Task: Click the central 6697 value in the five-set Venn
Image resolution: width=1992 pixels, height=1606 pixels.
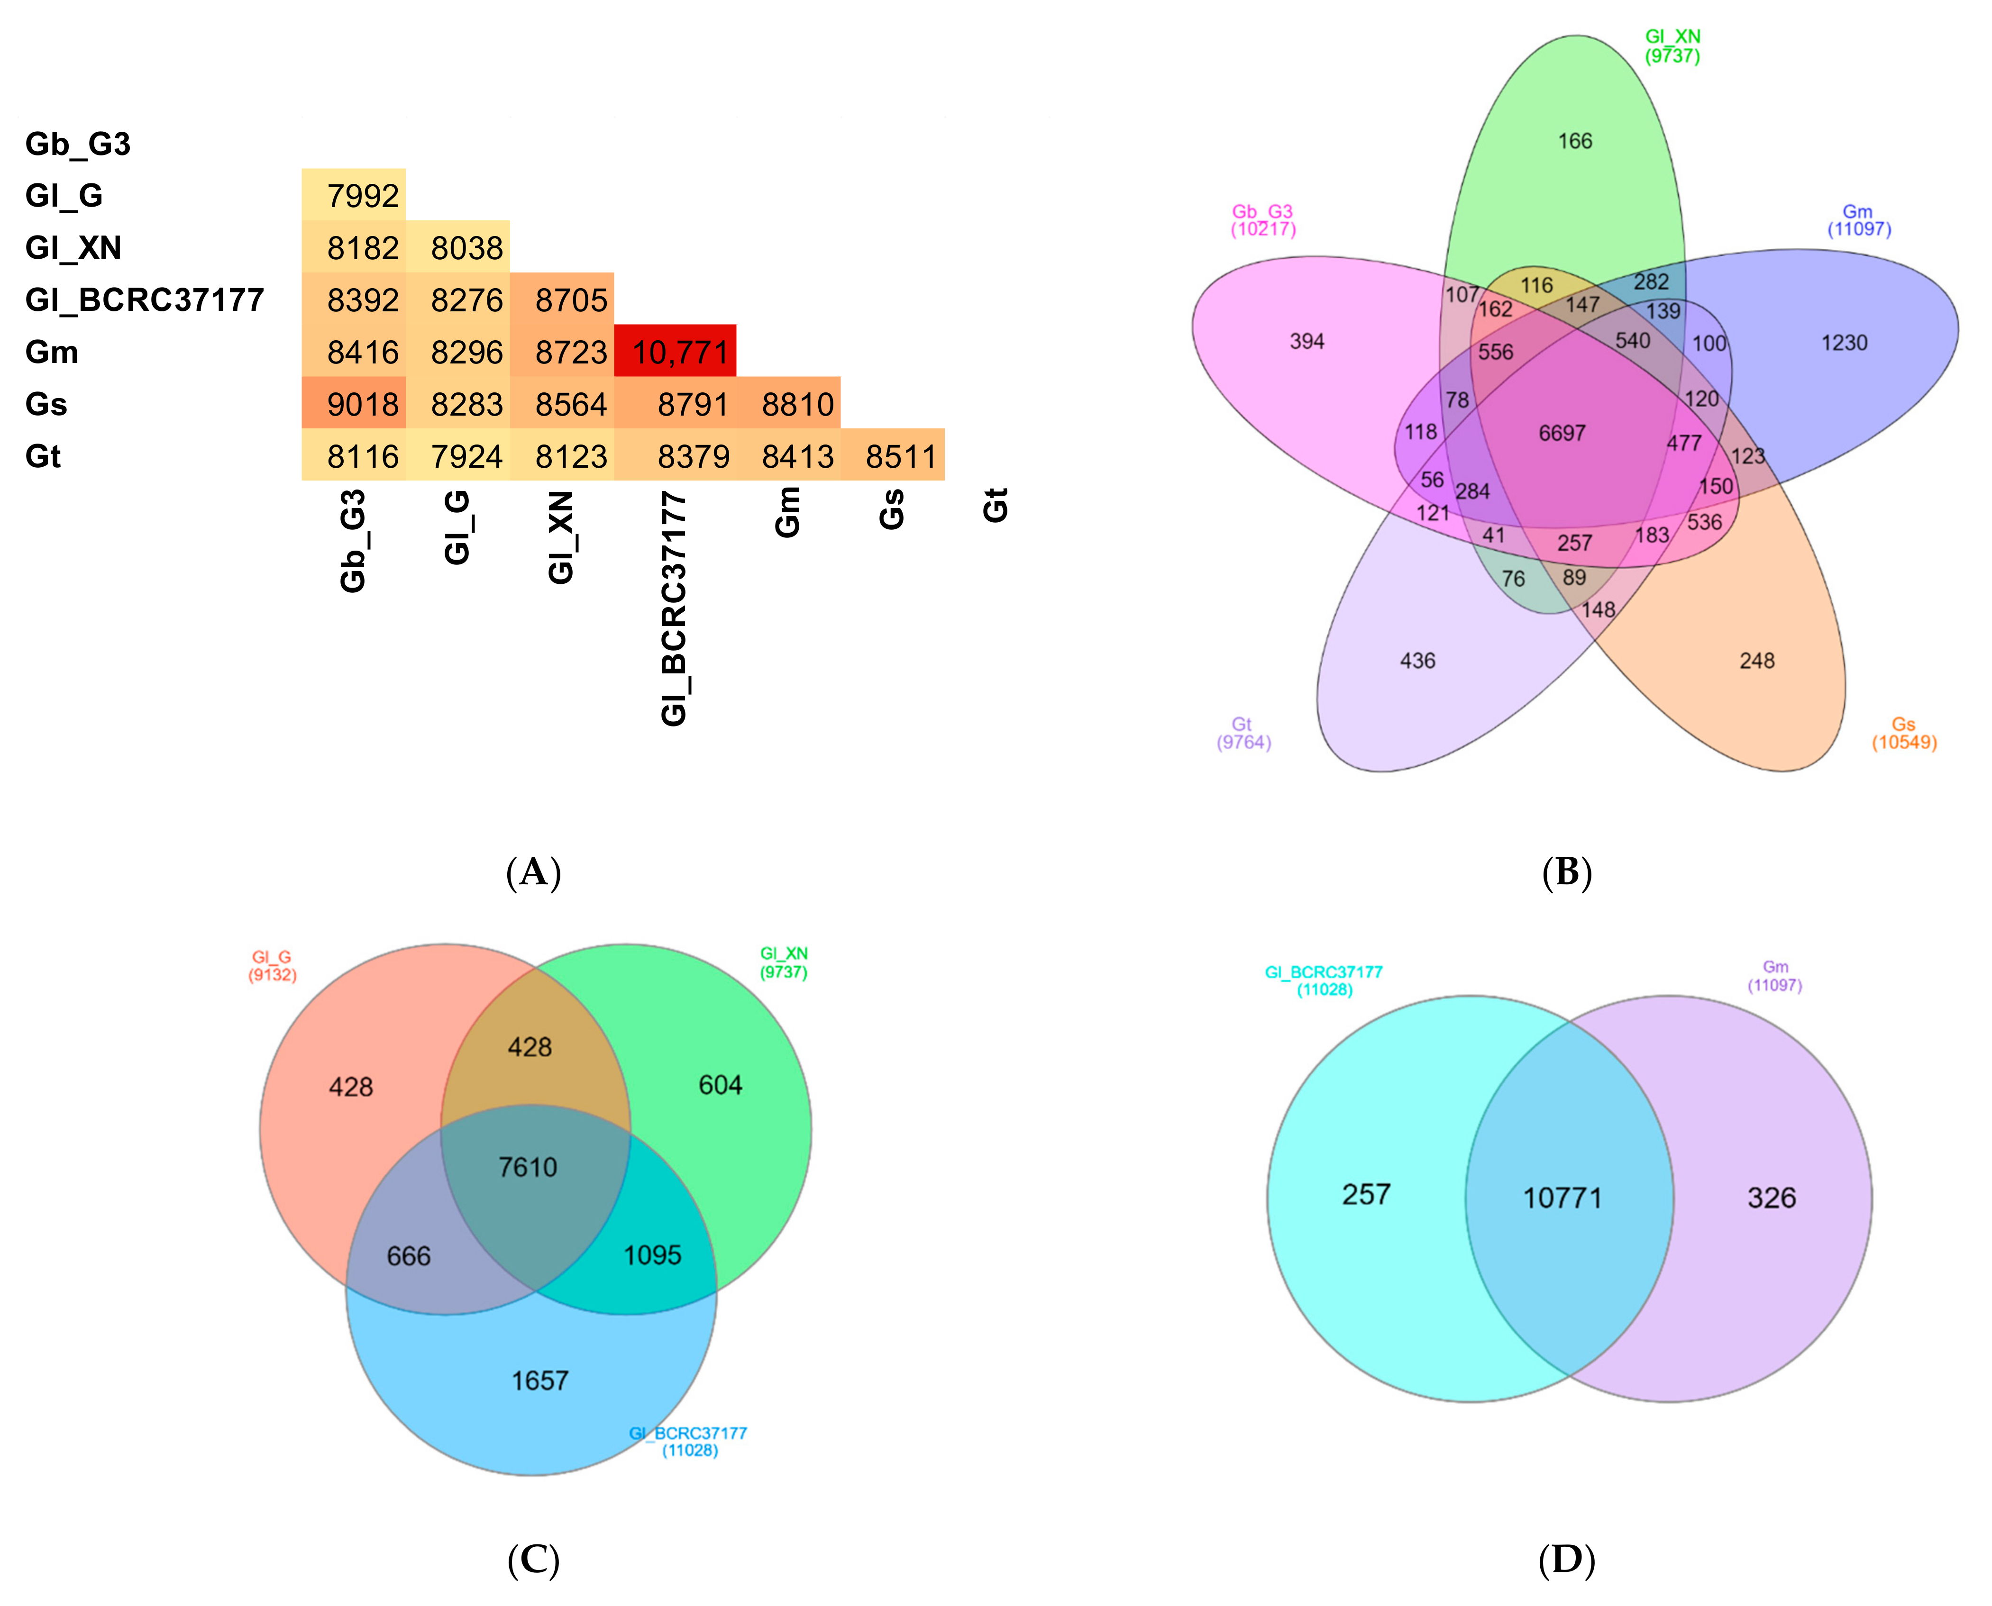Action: pyautogui.click(x=1562, y=433)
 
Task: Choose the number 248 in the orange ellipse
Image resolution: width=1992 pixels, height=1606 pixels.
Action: pyautogui.click(x=1756, y=661)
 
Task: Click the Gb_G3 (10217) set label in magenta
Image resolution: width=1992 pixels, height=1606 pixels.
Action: pyautogui.click(x=1263, y=220)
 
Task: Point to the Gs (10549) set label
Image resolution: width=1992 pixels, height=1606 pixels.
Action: pyautogui.click(x=1903, y=733)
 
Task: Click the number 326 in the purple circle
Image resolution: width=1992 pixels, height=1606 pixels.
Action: pyautogui.click(x=1771, y=1198)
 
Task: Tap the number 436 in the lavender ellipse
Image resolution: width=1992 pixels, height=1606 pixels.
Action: pyautogui.click(x=1417, y=661)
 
